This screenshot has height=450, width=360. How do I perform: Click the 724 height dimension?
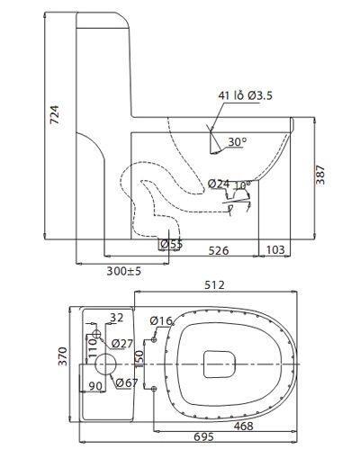click(x=55, y=114)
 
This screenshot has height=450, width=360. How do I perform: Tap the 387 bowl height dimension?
click(x=320, y=175)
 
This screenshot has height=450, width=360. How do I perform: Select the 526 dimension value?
click(x=219, y=250)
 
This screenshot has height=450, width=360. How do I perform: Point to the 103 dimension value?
click(x=275, y=249)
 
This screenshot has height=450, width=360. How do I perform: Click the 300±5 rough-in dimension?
click(x=124, y=271)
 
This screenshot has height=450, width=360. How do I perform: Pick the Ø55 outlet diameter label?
click(x=171, y=245)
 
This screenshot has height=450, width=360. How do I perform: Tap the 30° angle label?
click(x=238, y=141)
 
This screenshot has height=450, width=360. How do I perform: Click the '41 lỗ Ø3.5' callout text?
click(x=246, y=95)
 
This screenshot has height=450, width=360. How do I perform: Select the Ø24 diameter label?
click(x=219, y=184)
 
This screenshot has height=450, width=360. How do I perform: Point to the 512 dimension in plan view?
click(x=214, y=285)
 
